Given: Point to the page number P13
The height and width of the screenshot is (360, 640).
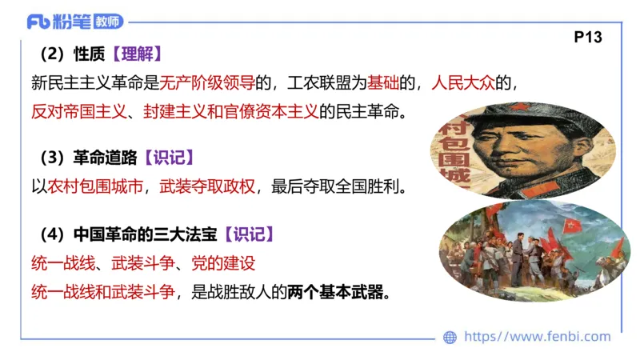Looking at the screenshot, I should pos(588,37).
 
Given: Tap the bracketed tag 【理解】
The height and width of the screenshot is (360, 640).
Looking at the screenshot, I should pos(137,54).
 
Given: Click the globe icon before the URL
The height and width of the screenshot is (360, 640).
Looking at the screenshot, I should pos(450,337).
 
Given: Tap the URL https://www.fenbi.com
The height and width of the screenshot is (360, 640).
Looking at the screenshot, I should pos(537,337).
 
